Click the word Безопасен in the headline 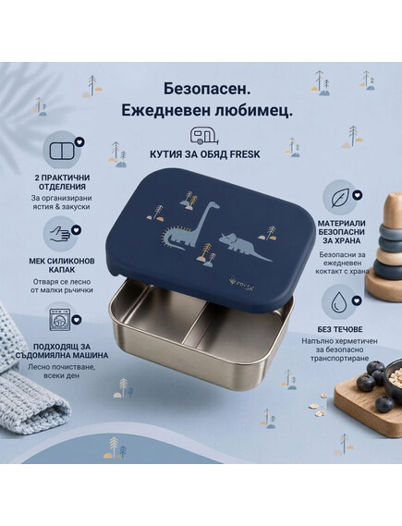(208, 90)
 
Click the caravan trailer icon (204, 136)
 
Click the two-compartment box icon (61, 151)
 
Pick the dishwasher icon (60, 321)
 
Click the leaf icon (340, 198)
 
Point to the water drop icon (339, 301)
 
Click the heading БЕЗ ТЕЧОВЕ (339, 329)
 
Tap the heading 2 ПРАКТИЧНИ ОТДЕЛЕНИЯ (62, 182)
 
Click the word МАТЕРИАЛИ (342, 223)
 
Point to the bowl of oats (394, 375)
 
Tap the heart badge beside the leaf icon (358, 195)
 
